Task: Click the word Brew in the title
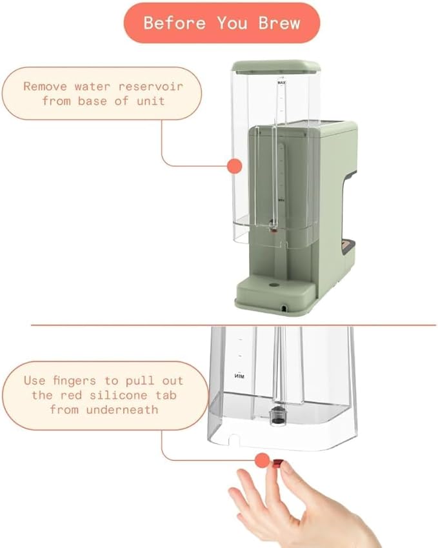[280, 23]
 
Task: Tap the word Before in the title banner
[172, 23]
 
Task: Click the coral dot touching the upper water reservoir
[234, 165]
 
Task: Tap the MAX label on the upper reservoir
[281, 84]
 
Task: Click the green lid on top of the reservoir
[276, 65]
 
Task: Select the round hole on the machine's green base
[272, 284]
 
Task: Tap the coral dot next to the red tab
[262, 460]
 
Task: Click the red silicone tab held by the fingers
[276, 462]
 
